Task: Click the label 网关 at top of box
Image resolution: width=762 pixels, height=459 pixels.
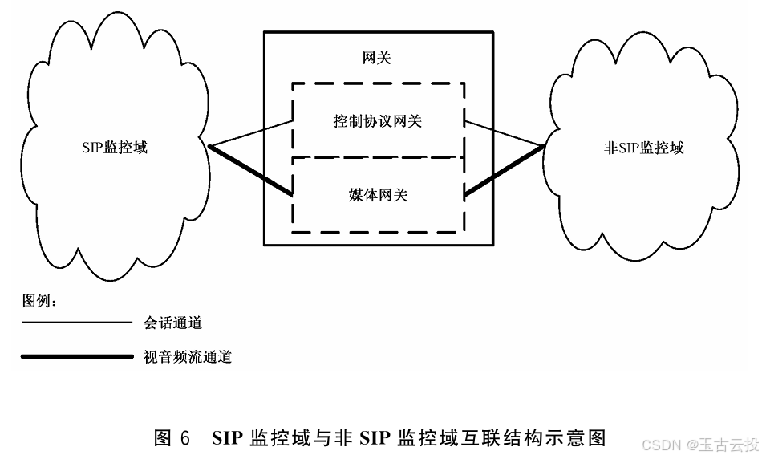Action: (x=377, y=59)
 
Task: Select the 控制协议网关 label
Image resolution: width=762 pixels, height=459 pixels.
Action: (x=378, y=121)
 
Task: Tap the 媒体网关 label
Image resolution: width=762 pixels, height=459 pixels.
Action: (x=378, y=194)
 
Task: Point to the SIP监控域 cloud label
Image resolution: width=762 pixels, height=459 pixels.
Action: (x=115, y=148)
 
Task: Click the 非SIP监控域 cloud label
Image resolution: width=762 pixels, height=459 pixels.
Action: (x=644, y=148)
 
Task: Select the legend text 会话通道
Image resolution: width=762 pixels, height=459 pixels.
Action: (x=172, y=323)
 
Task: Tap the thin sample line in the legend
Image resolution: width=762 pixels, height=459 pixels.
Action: (x=76, y=323)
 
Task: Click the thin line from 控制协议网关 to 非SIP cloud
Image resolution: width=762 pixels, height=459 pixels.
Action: (x=505, y=134)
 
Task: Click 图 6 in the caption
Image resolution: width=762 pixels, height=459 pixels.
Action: (x=172, y=438)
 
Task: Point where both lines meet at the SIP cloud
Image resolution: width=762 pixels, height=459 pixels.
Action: (x=210, y=147)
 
